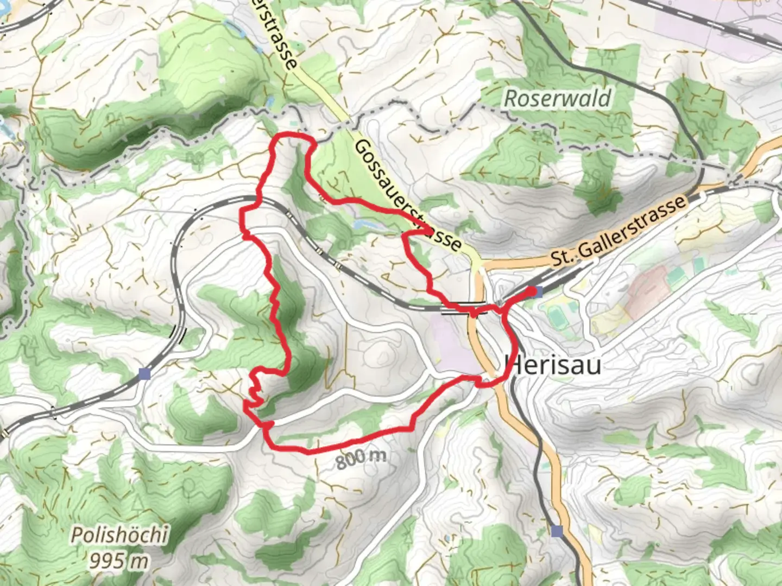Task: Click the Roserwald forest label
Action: (557, 99)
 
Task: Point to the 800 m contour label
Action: (361, 458)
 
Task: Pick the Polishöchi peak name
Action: (119, 536)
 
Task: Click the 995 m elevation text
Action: (119, 559)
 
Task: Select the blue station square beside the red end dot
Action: (538, 292)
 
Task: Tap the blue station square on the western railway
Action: (144, 374)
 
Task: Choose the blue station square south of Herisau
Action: (556, 531)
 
